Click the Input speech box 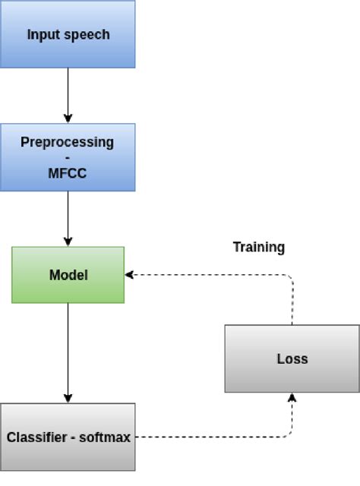click(x=68, y=34)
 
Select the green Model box click(x=68, y=275)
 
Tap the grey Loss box click(x=292, y=358)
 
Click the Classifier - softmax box click(x=68, y=437)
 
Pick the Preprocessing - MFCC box click(x=68, y=157)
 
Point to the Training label click(x=258, y=247)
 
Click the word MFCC click(x=68, y=173)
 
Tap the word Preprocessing click(x=68, y=142)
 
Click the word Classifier click(x=34, y=437)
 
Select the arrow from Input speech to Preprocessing click(x=68, y=95)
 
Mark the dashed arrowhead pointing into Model click(x=130, y=275)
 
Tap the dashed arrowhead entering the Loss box click(x=292, y=397)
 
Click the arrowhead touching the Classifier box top click(x=68, y=398)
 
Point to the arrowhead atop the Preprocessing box click(x=68, y=118)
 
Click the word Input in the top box click(x=42, y=35)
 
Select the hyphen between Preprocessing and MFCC click(x=68, y=158)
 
